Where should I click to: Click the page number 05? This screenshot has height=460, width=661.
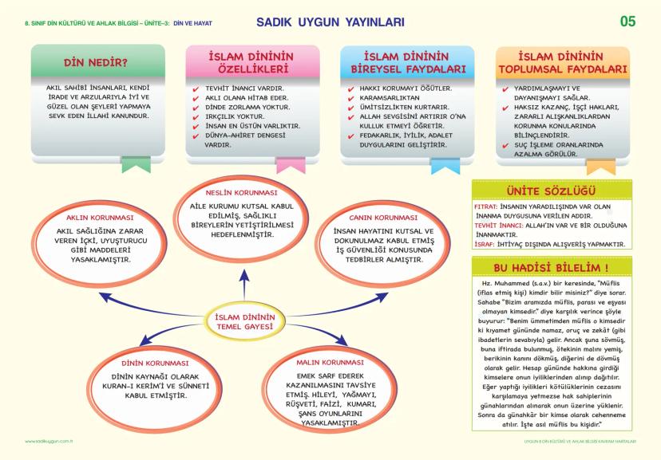click(x=627, y=22)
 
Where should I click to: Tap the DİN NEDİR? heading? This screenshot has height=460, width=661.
click(x=98, y=62)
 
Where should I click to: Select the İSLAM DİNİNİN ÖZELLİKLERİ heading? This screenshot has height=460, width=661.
click(x=251, y=63)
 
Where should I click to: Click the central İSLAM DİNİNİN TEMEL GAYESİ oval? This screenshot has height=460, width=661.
click(x=244, y=323)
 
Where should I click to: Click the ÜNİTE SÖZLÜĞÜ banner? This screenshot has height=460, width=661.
click(x=552, y=191)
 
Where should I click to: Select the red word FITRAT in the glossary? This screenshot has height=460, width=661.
click(x=485, y=206)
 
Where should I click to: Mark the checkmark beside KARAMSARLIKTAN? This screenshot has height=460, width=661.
click(x=353, y=97)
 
